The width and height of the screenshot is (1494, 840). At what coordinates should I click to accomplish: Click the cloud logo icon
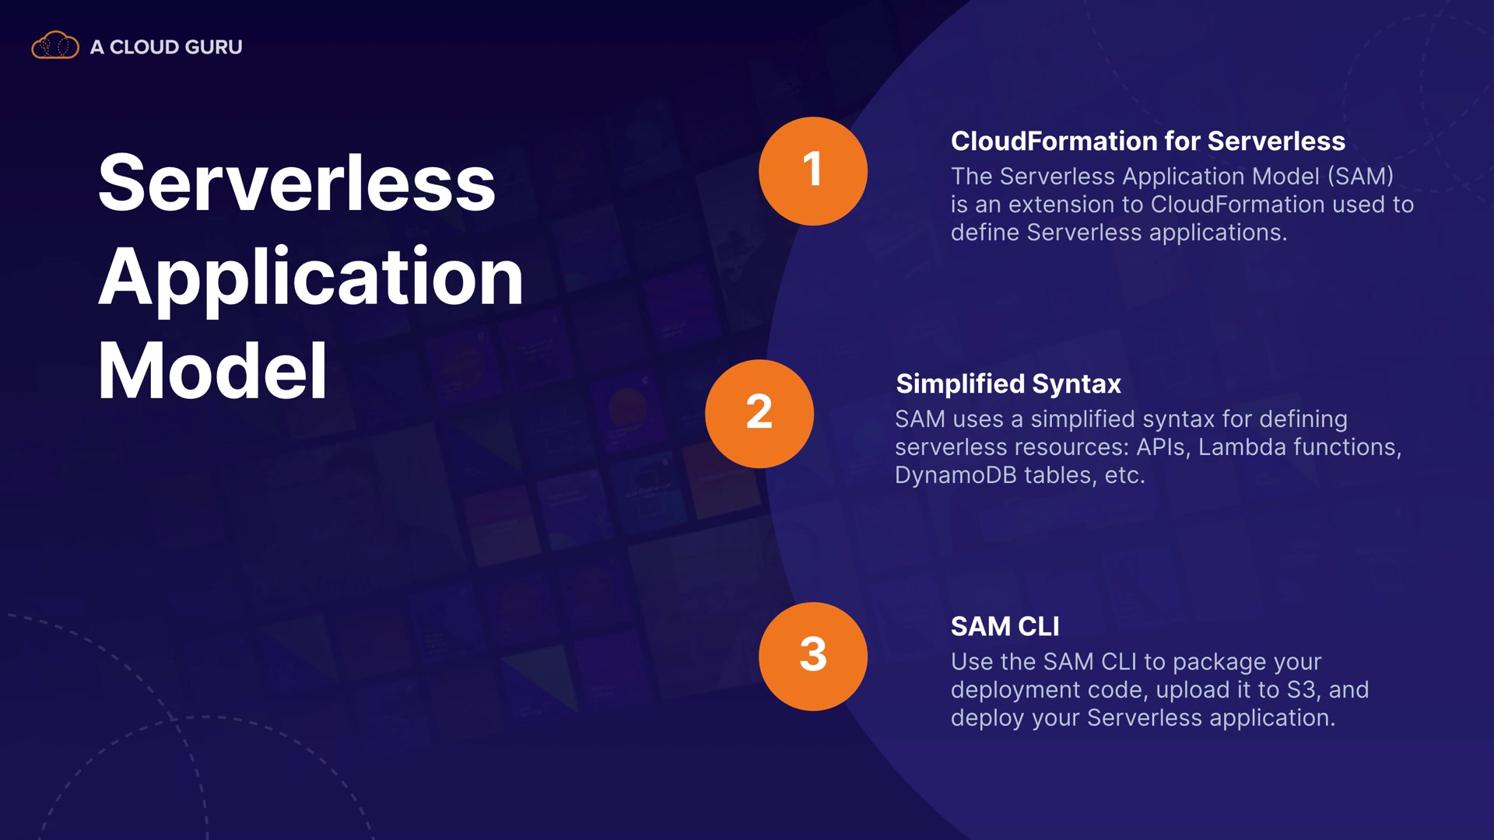point(54,46)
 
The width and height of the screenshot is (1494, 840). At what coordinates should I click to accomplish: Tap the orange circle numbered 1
point(813,171)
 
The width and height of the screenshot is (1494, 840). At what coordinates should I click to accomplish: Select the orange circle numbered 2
point(759,414)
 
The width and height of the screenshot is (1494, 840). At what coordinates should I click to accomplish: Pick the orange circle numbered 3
point(813,656)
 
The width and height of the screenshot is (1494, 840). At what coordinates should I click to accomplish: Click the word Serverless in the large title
point(296,183)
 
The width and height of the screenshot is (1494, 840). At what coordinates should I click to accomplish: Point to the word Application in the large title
point(310,278)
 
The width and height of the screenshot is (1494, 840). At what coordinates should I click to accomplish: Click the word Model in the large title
point(212,371)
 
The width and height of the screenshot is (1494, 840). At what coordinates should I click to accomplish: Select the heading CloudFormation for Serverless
point(1148,141)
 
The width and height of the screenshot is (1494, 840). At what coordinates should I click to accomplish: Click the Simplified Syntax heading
point(1008,384)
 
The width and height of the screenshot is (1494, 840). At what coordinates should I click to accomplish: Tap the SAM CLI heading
point(1005,626)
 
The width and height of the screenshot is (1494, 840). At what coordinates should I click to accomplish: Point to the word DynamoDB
point(956,475)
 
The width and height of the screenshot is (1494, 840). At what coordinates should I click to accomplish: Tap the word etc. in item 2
point(1124,475)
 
